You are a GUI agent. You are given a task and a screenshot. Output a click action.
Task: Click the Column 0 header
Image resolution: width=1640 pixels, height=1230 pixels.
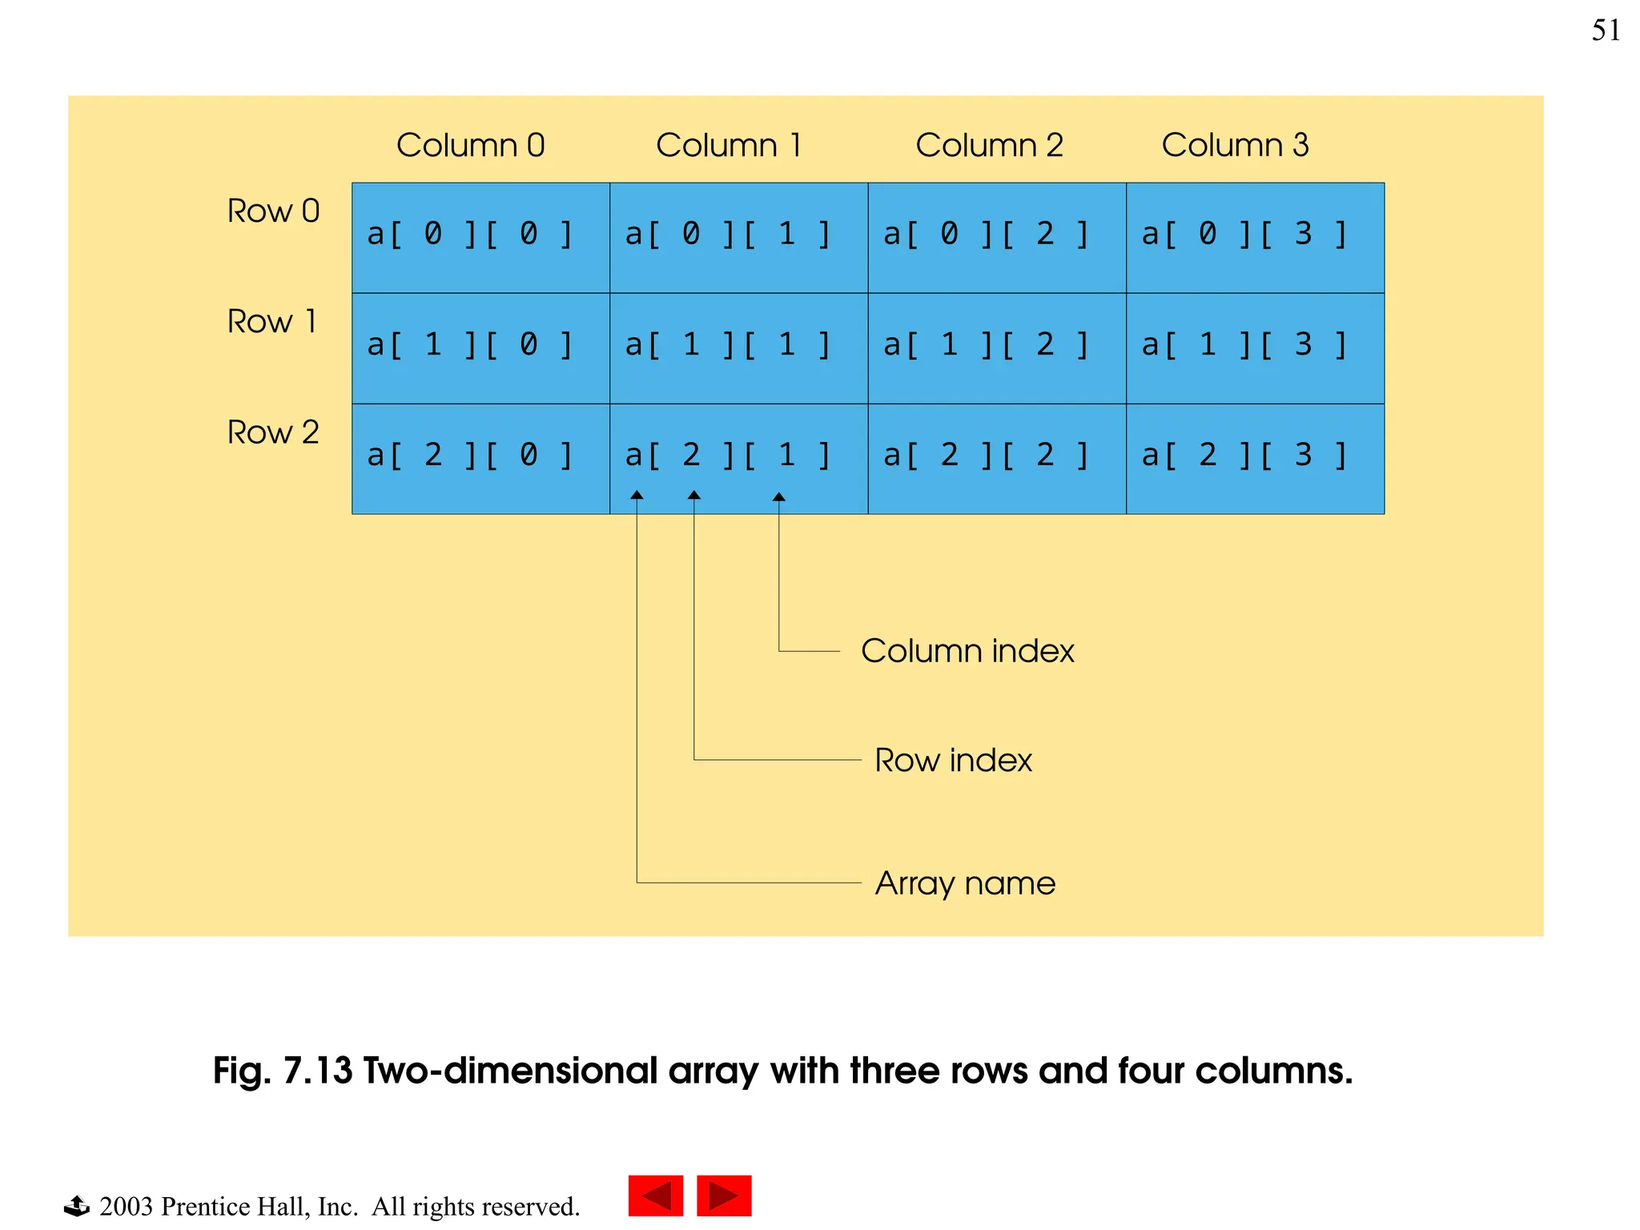point(470,146)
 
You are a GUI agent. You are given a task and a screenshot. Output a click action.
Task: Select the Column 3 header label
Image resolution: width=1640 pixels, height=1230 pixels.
point(1235,146)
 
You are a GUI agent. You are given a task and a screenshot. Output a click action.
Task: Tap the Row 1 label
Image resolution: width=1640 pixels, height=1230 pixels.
point(272,322)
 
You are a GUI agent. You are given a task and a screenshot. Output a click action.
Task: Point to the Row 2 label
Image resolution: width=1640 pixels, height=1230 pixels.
point(273,432)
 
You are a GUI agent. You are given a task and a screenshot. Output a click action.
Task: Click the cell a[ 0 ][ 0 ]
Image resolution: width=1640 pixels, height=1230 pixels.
point(480,238)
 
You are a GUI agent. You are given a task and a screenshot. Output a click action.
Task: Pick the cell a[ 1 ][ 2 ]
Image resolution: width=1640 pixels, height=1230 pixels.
point(996,348)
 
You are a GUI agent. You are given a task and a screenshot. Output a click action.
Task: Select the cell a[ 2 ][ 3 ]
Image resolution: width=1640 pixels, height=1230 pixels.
point(1255,459)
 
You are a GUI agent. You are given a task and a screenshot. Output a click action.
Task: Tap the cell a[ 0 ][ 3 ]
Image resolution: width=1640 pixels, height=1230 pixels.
point(1255,238)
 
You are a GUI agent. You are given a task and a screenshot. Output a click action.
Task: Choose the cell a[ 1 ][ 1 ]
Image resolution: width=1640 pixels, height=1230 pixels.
point(738,348)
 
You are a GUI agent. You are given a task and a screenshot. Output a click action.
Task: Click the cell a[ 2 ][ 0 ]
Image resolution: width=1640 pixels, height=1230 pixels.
point(480,459)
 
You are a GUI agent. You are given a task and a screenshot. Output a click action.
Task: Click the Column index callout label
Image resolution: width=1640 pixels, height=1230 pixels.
point(967,651)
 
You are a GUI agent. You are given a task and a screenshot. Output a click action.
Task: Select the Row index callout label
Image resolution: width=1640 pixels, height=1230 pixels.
point(953,761)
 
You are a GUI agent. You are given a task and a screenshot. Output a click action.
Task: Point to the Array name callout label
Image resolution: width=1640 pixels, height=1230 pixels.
point(965,883)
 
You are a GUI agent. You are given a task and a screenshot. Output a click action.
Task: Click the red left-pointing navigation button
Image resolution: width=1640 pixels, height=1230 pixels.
point(655,1196)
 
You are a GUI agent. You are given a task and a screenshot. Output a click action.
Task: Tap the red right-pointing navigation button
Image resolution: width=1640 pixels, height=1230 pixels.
point(724,1196)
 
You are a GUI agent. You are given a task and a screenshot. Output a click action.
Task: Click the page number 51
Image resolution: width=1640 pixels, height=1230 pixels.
point(1606,30)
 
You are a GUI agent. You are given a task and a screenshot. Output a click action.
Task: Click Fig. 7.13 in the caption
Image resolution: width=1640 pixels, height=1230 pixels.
point(282,1071)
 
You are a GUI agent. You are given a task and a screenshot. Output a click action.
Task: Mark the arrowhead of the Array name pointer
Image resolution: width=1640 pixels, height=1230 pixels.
point(637,495)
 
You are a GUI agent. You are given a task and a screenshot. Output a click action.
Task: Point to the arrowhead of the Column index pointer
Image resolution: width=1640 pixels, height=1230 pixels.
point(778,496)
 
